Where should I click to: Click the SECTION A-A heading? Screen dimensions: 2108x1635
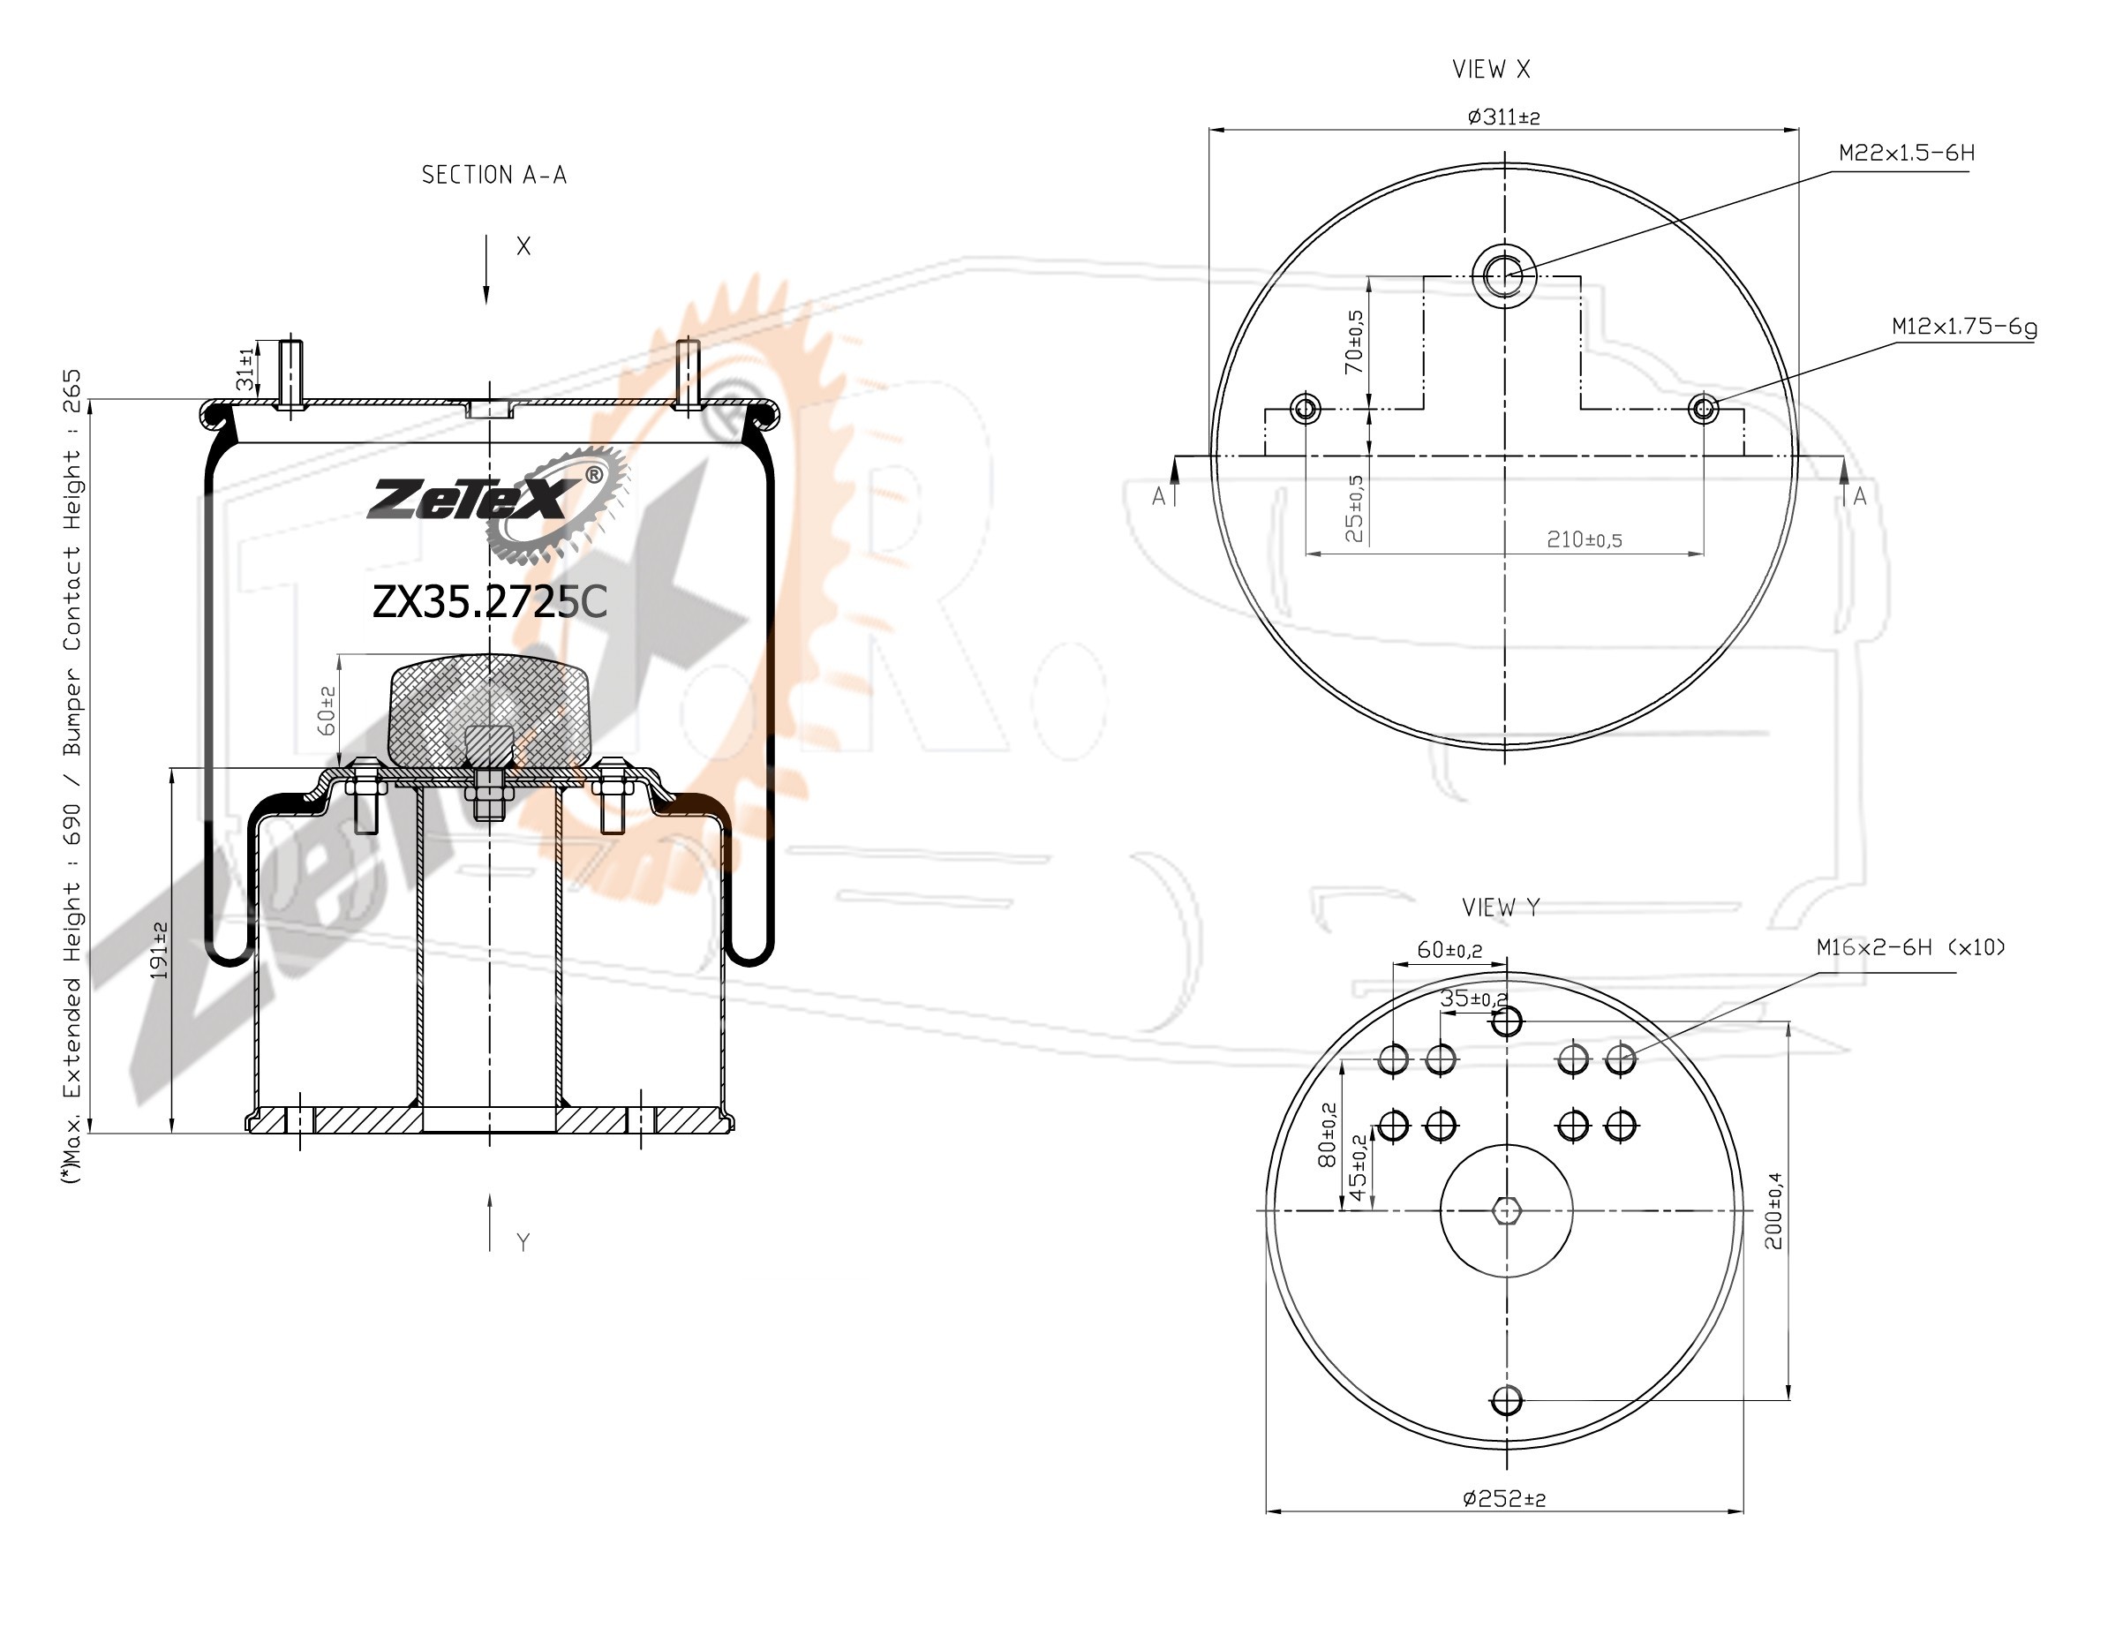click(494, 175)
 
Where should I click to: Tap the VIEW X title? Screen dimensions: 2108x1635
click(1491, 70)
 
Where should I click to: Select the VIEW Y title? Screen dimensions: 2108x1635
click(1501, 908)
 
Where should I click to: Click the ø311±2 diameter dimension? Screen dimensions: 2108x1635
click(1504, 117)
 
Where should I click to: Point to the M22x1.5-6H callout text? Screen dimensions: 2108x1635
click(1906, 153)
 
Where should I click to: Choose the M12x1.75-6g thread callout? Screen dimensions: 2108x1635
click(1964, 327)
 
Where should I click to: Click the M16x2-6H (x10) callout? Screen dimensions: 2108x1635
click(1911, 946)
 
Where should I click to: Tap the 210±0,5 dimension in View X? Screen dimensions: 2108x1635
click(1584, 539)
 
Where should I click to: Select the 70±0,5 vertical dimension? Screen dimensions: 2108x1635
click(1354, 342)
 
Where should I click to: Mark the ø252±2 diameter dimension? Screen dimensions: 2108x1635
click(1504, 1498)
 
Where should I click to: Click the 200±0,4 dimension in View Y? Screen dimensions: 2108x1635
click(1773, 1210)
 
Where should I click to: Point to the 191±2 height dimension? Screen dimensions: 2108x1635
click(159, 951)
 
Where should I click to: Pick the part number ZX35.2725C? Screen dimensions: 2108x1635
click(489, 602)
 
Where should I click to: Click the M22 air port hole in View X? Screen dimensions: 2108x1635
click(1505, 275)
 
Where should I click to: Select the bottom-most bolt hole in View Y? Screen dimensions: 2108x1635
click(1506, 1399)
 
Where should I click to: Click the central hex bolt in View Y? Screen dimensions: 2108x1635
click(1506, 1210)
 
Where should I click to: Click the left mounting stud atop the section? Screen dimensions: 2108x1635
click(290, 374)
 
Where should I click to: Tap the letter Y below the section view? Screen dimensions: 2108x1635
click(523, 1242)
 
